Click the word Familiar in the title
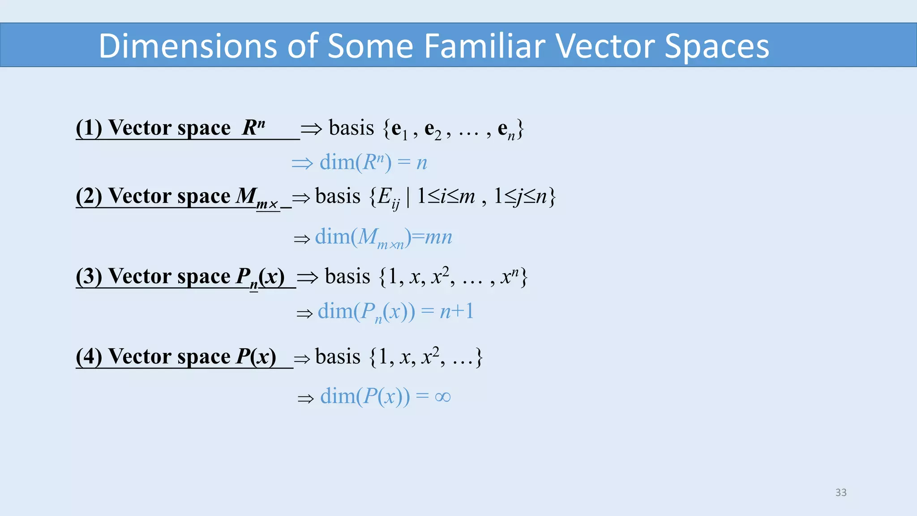484,46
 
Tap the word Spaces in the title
716,46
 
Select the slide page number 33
841,492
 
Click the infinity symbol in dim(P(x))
442,397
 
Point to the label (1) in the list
89,128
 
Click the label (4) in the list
89,357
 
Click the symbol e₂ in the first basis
433,130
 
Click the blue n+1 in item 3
456,311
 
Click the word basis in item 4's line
338,357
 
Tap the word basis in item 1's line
351,128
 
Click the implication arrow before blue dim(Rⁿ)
302,163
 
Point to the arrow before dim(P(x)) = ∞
306,398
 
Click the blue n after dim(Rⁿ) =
421,163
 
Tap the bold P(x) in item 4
256,357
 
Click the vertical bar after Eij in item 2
408,197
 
